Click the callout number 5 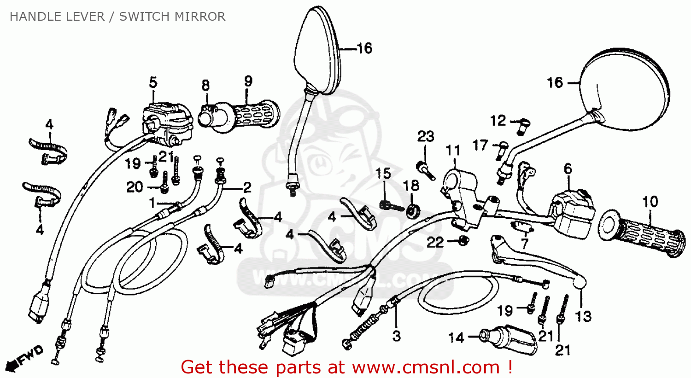pyautogui.click(x=153, y=83)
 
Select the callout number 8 pyautogui.click(x=205, y=86)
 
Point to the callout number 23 pyautogui.click(x=426, y=137)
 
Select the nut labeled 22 pyautogui.click(x=464, y=240)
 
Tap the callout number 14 pyautogui.click(x=456, y=338)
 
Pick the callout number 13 pyautogui.click(x=583, y=317)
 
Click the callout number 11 pyautogui.click(x=453, y=151)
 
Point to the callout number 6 pyautogui.click(x=568, y=169)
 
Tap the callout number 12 pyautogui.click(x=498, y=121)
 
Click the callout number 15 pyautogui.click(x=383, y=174)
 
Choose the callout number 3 pyautogui.click(x=396, y=336)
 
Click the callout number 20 pyautogui.click(x=135, y=187)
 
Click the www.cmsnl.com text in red pyautogui.click(x=426, y=367)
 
